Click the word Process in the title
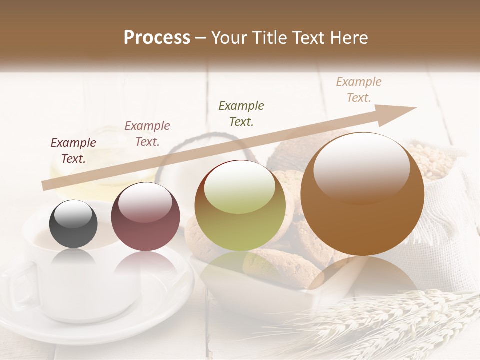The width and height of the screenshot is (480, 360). click(x=157, y=38)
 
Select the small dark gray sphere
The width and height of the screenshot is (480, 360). click(x=73, y=224)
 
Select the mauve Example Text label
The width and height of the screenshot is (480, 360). click(x=147, y=134)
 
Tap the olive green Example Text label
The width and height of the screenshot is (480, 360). click(x=241, y=113)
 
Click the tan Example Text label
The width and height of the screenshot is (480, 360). click(x=359, y=90)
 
